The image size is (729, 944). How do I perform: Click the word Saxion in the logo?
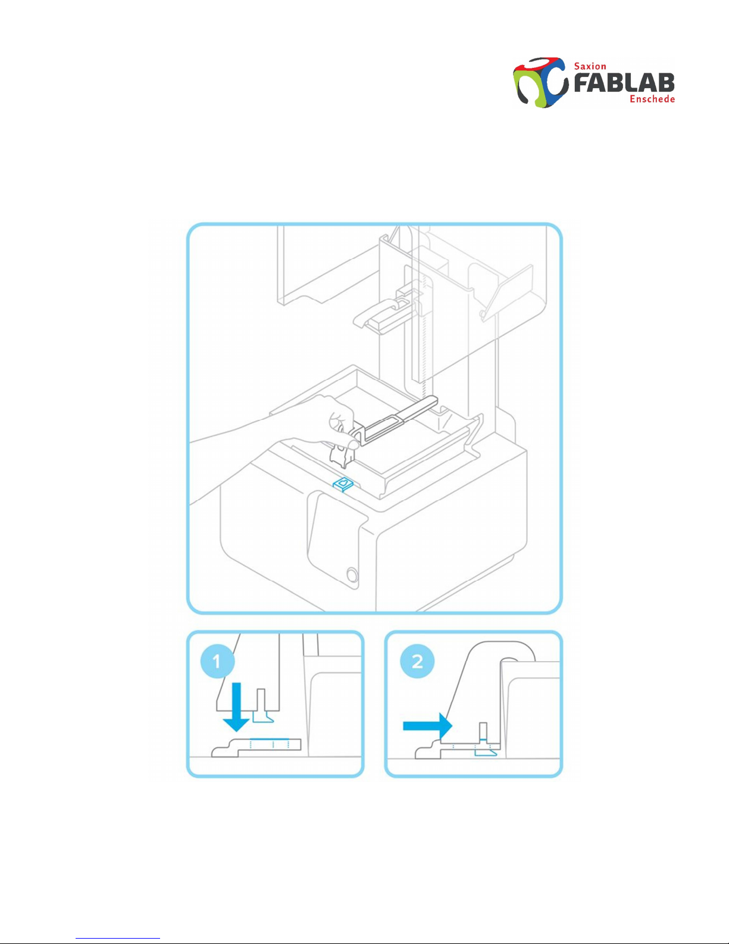pyautogui.click(x=590, y=66)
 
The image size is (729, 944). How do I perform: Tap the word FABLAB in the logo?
pyautogui.click(x=624, y=83)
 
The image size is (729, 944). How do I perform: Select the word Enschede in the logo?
pyautogui.click(x=652, y=99)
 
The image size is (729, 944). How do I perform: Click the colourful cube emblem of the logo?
pyautogui.click(x=541, y=82)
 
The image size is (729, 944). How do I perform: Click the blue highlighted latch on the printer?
pyautogui.click(x=343, y=484)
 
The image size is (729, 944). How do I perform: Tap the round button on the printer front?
pyautogui.click(x=352, y=575)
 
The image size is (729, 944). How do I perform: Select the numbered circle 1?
pyautogui.click(x=217, y=662)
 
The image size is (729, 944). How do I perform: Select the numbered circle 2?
pyautogui.click(x=417, y=661)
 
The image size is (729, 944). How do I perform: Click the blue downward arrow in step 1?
pyautogui.click(x=236, y=707)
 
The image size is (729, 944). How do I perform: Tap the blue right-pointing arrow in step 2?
pyautogui.click(x=428, y=725)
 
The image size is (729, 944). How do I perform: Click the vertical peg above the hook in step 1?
pyautogui.click(x=261, y=700)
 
